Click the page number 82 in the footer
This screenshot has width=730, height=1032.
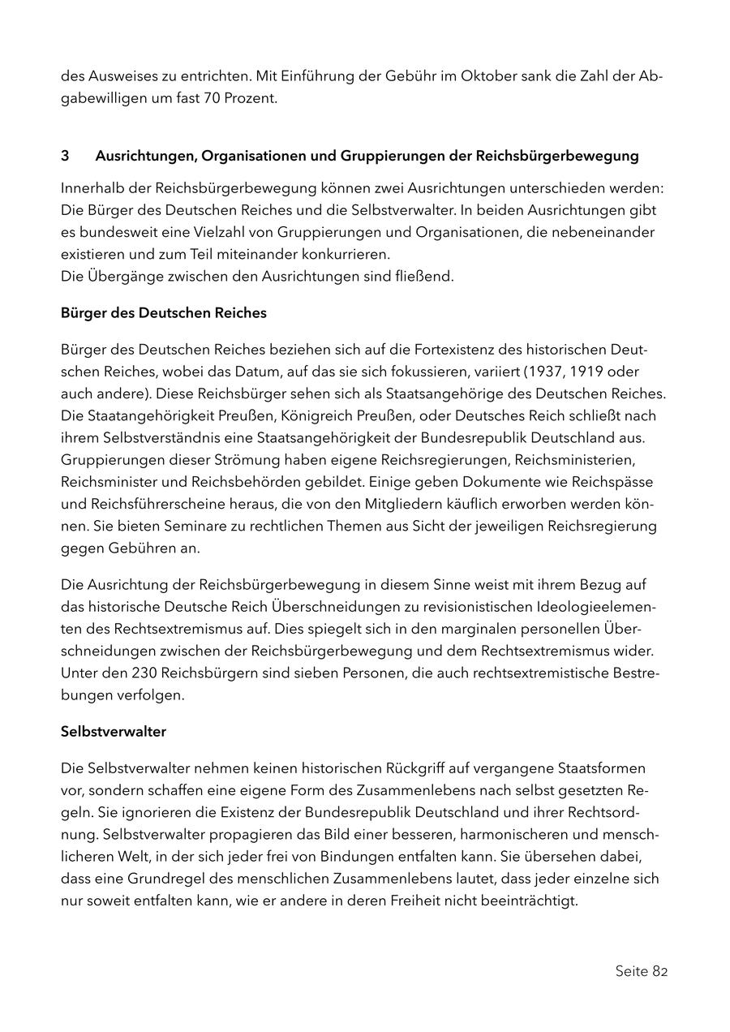coord(659,971)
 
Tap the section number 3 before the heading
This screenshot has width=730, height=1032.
coord(65,155)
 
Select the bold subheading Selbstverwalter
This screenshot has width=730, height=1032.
coord(114,731)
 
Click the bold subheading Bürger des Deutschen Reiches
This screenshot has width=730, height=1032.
coord(163,312)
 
